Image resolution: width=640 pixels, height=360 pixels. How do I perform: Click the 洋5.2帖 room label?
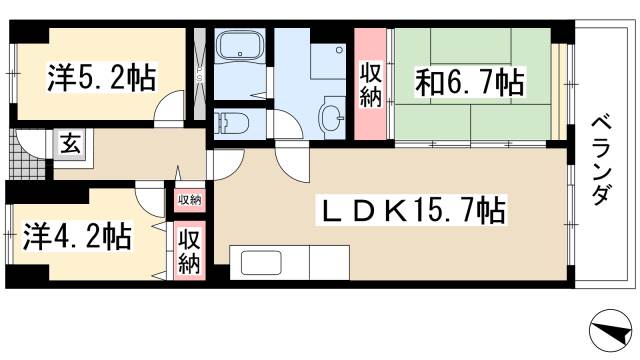click(x=102, y=78)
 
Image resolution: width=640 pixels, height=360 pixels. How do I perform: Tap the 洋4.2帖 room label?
click(x=77, y=236)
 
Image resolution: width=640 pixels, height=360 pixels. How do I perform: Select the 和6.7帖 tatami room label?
click(x=469, y=82)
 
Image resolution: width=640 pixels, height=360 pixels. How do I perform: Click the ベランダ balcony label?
click(x=601, y=161)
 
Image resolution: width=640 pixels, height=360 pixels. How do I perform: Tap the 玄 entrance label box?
click(x=71, y=143)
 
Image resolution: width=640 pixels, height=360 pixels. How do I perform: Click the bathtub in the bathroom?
click(x=240, y=45)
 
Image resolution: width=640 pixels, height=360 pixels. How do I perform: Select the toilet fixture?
click(x=231, y=123)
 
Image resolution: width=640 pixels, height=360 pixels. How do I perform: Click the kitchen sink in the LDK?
click(x=261, y=263)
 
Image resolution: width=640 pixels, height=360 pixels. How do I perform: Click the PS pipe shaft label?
click(x=200, y=74)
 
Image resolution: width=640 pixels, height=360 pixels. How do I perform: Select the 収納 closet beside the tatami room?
click(x=370, y=84)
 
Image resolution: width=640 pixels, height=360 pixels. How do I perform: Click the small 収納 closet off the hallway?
click(x=190, y=200)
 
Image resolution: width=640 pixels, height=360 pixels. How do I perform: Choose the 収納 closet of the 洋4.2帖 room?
click(x=190, y=251)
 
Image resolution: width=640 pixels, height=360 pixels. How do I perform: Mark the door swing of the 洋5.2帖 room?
click(x=169, y=107)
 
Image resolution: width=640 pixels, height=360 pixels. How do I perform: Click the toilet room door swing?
click(x=287, y=124)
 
